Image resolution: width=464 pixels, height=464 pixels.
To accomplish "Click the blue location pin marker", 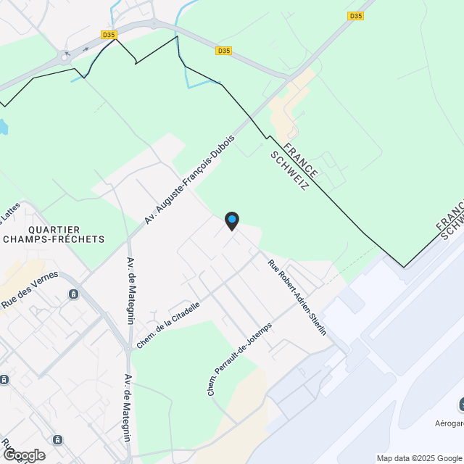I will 231,220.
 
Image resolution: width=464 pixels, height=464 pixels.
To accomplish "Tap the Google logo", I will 24,455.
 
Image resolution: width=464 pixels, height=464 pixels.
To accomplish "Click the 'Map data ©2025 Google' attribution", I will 419,458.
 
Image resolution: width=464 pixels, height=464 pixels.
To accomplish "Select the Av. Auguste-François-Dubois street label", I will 189,178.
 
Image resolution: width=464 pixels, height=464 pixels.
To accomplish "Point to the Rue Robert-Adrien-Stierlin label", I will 297,297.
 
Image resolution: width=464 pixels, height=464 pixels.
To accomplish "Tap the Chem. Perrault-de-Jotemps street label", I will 239,358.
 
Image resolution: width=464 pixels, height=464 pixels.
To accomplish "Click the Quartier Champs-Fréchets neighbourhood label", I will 54,233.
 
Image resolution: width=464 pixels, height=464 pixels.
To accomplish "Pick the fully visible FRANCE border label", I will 301,161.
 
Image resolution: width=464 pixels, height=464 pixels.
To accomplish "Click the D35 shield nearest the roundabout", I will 108,34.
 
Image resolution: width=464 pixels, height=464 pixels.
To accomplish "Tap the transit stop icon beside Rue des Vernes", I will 73,294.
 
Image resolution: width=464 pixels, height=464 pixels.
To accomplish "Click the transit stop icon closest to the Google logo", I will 57,439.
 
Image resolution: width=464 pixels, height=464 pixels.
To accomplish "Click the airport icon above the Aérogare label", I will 461,403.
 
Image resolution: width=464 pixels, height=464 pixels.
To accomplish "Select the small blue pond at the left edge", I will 3,128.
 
